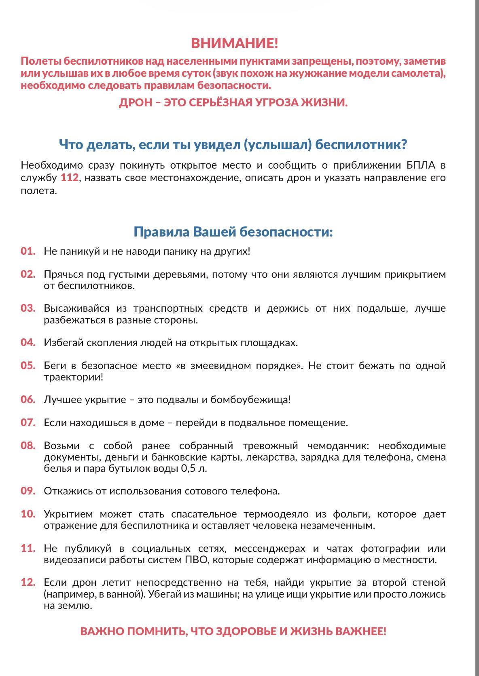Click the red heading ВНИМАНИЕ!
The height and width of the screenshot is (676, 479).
234,43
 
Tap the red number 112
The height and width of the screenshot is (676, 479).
70,178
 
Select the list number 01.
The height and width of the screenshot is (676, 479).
28,251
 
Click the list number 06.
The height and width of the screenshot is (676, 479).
28,399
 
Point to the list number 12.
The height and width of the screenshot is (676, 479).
28,583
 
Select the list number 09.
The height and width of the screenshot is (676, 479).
28,491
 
